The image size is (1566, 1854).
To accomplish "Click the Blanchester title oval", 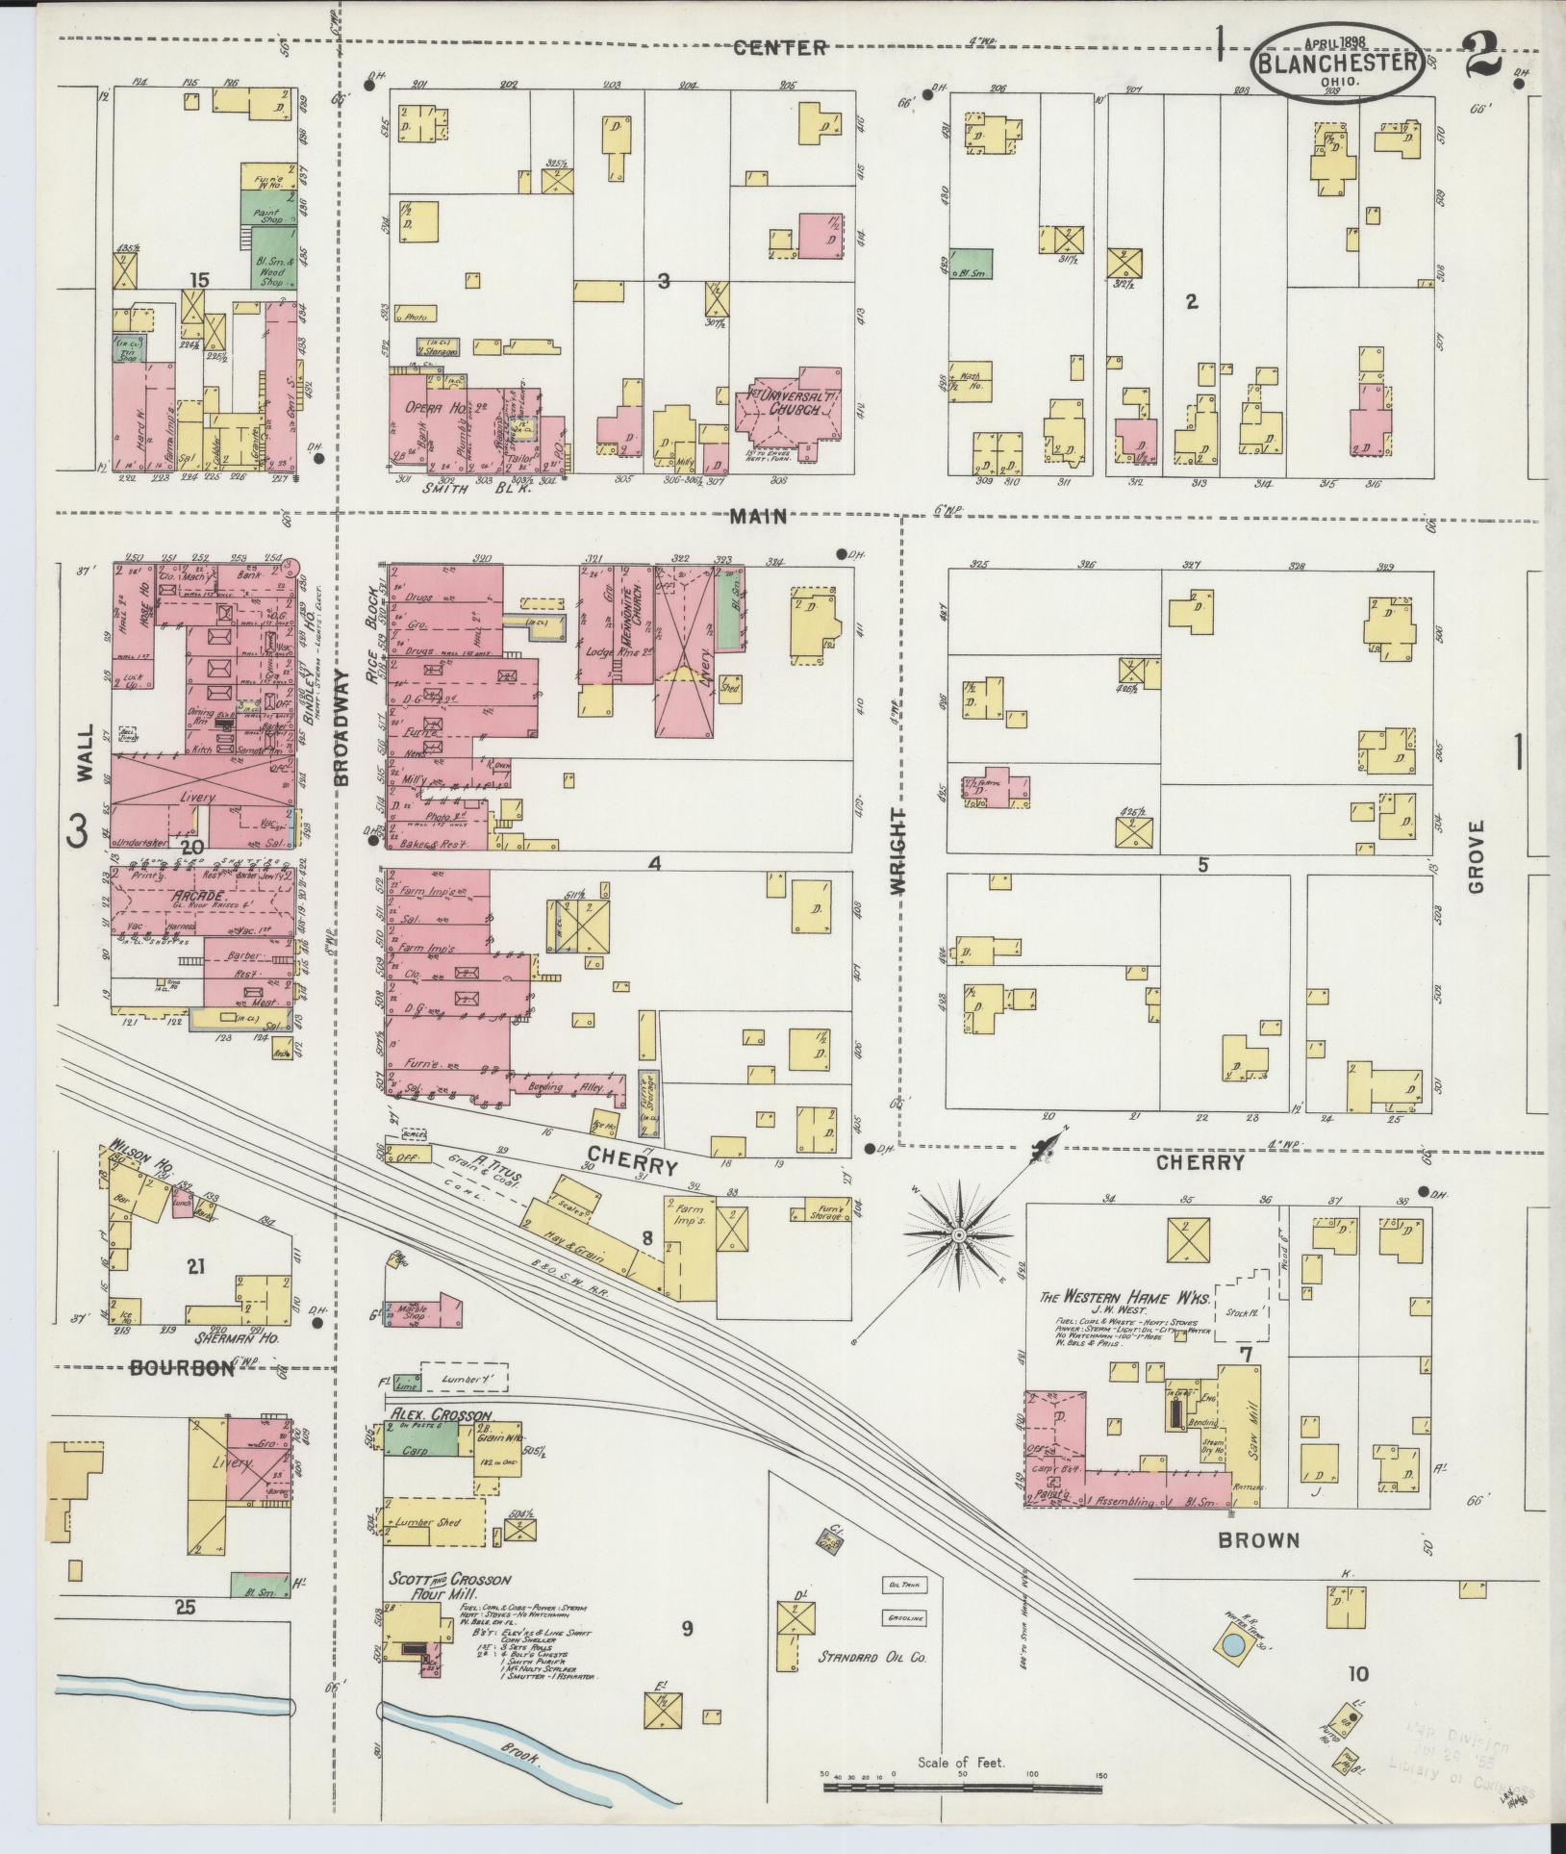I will point(1337,61).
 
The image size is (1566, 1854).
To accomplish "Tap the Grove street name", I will point(1477,855).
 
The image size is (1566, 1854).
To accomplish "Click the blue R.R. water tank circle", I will point(1231,1647).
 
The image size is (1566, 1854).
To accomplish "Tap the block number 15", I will point(199,280).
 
